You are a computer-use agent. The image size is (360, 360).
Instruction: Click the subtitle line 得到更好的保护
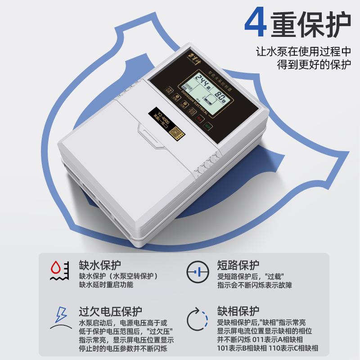click(314, 64)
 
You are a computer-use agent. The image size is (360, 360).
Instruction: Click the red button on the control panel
click(198, 118)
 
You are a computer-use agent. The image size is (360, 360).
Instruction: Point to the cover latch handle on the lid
click(151, 138)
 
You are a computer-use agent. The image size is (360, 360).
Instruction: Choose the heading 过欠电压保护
click(111, 311)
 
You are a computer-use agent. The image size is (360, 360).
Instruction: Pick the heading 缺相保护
click(238, 311)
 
